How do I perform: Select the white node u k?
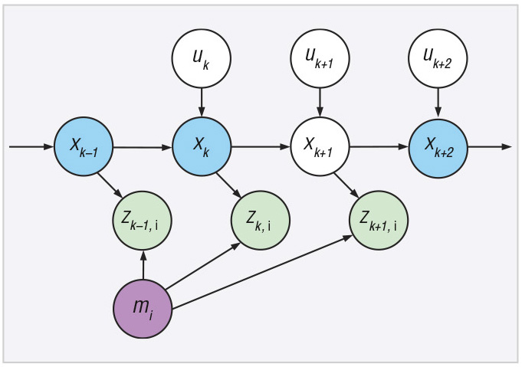click(x=201, y=58)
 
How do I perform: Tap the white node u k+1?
click(x=320, y=58)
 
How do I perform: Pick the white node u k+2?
click(x=438, y=58)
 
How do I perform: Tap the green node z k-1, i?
click(x=143, y=221)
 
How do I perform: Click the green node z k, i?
click(x=261, y=221)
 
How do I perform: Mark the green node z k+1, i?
click(x=379, y=221)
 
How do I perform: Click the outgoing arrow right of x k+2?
click(x=488, y=146)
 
